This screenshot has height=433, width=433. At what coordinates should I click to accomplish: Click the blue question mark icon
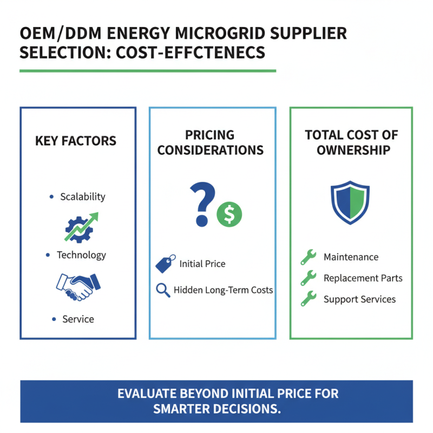coord(202,202)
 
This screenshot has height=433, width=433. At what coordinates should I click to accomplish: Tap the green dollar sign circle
coord(229,214)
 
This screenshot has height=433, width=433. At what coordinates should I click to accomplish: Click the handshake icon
coord(78,286)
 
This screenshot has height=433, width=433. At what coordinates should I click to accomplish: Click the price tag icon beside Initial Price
coord(164,264)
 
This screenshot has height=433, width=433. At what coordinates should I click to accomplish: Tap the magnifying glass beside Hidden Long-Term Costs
coord(163,290)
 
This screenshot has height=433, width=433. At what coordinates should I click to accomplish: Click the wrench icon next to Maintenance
coord(309,257)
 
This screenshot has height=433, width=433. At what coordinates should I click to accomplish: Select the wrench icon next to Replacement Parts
coord(309,278)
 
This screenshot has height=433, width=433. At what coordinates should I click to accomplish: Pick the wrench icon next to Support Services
coord(309,299)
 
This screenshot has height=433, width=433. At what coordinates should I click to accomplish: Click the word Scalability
coord(83,196)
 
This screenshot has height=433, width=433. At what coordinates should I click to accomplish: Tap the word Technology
coord(81,255)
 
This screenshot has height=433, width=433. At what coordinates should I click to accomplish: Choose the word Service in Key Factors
coord(78,319)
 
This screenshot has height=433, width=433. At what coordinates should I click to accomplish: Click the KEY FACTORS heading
coord(76,141)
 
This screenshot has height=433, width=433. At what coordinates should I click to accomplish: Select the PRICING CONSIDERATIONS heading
coord(211,142)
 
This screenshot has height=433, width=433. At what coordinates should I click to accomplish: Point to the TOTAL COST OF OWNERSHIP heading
coord(352,142)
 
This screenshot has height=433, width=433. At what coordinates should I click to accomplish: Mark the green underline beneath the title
coord(147,70)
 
